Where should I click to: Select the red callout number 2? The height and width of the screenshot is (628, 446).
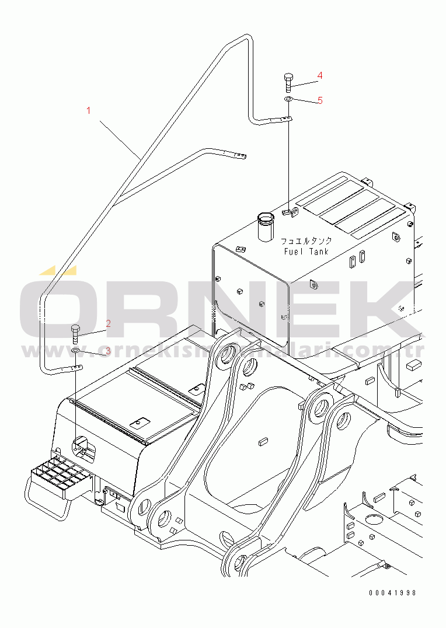[108, 323]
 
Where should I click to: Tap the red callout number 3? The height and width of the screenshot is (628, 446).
[107, 351]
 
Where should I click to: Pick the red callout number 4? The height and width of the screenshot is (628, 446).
[320, 75]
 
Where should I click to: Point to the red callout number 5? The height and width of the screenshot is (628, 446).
[320, 100]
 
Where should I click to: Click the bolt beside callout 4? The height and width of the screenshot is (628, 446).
[288, 82]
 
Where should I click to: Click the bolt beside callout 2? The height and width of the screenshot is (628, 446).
[75, 334]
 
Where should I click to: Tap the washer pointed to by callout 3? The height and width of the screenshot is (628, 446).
[76, 351]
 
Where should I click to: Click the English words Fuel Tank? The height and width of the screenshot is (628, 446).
[306, 252]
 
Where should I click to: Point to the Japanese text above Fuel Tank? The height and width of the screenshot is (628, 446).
[306, 240]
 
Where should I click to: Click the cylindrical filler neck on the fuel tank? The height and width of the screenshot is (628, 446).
[266, 227]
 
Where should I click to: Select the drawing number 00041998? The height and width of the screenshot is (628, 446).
[392, 592]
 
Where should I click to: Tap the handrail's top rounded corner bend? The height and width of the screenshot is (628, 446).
[245, 39]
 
